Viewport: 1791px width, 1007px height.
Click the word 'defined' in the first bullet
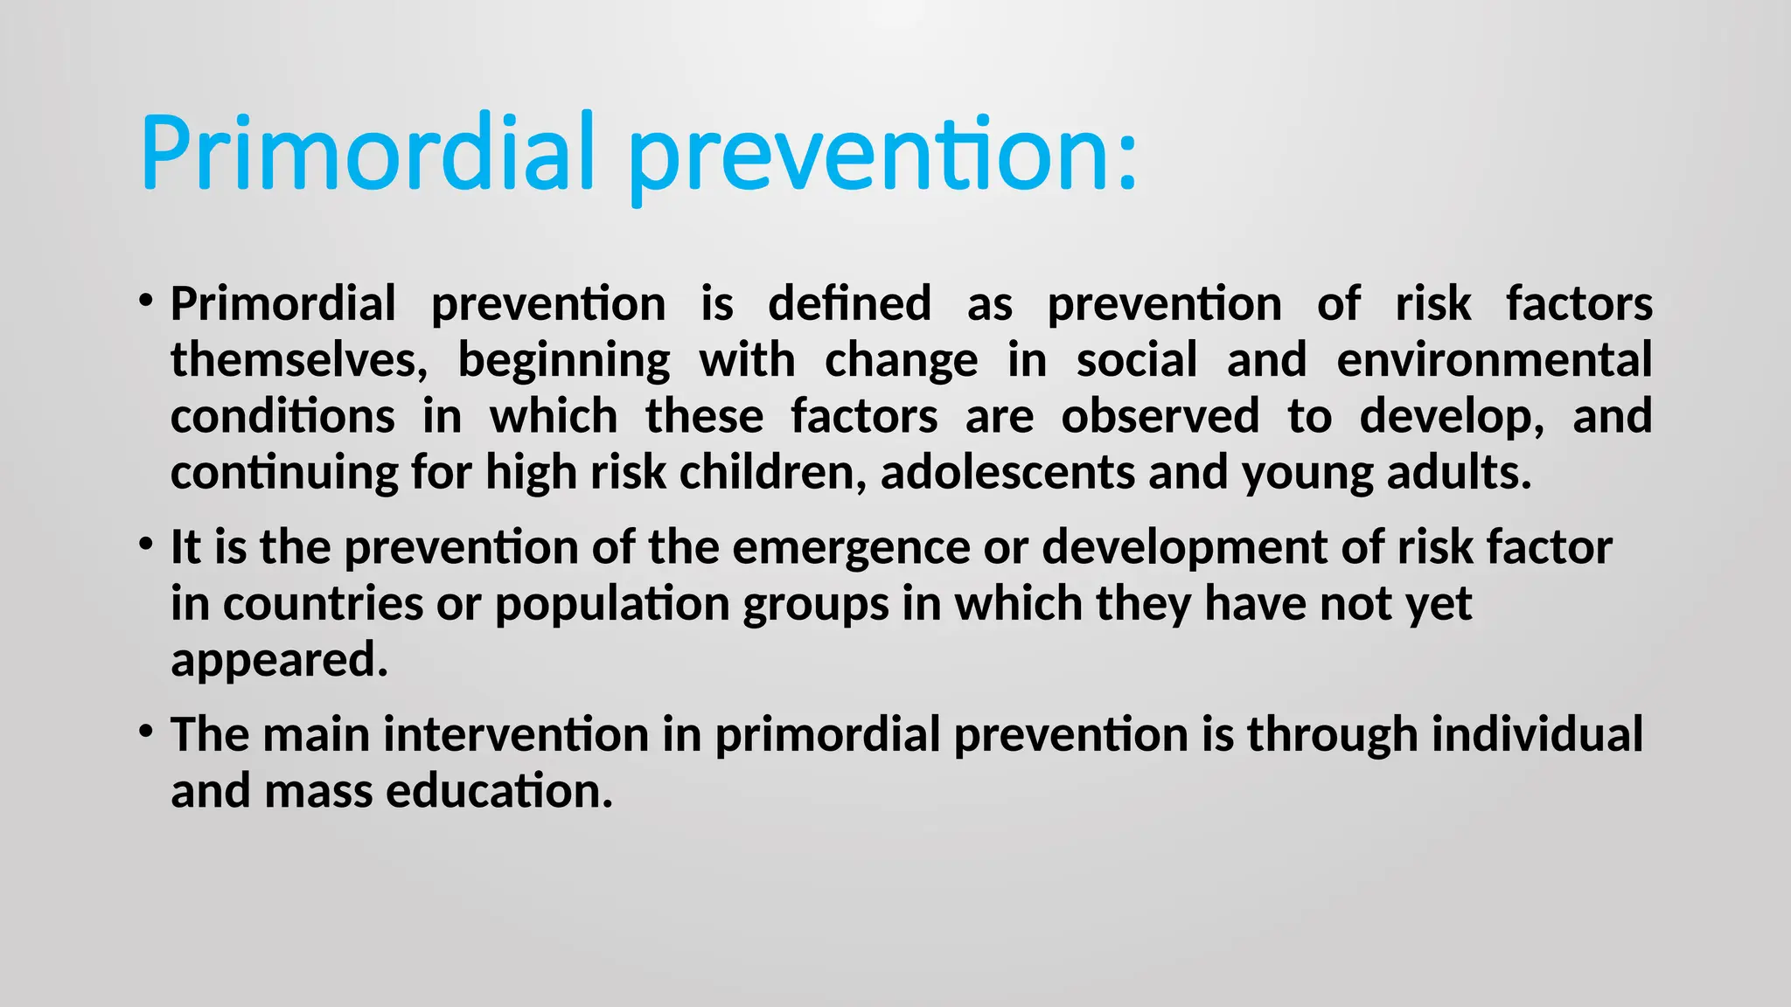849,303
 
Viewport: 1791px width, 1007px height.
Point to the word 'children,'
773,472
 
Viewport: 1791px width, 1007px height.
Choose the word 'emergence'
851,548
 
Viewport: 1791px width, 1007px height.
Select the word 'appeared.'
279,660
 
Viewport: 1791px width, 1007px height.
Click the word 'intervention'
516,734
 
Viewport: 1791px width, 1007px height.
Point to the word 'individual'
1537,734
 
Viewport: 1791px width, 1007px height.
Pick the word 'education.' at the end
499,790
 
